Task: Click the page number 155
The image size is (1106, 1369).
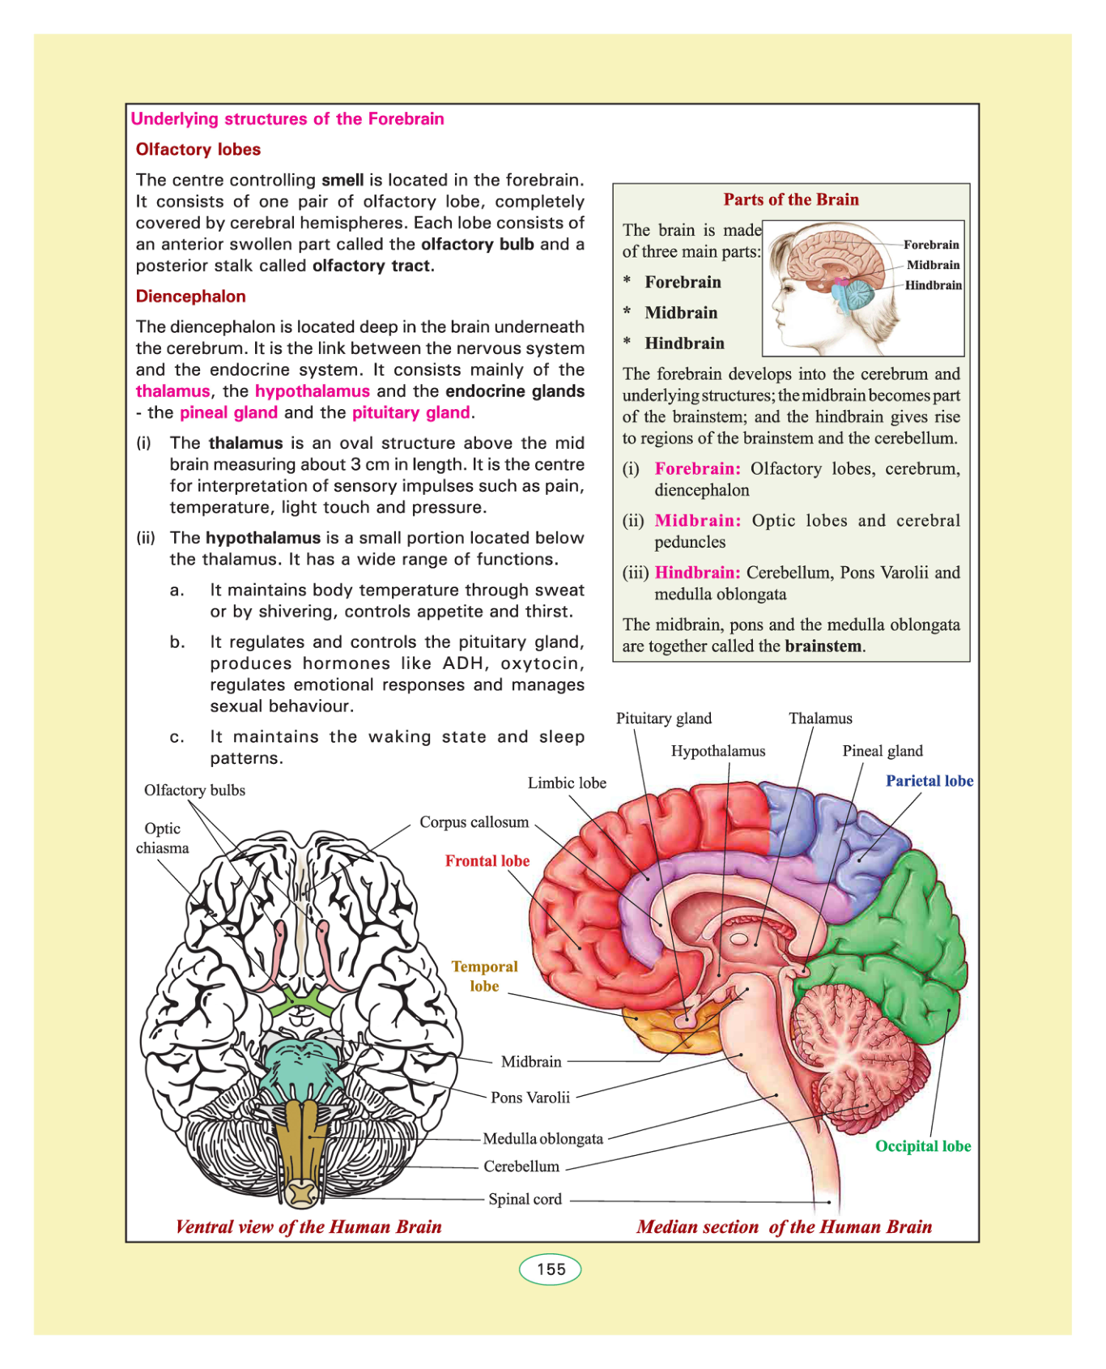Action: [x=551, y=1269]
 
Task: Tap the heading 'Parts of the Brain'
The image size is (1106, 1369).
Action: [x=790, y=199]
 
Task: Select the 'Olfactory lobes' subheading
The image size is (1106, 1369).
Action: [x=198, y=149]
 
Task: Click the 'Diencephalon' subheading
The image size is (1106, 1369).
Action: [x=190, y=296]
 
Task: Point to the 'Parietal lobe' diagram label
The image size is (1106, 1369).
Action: [x=929, y=781]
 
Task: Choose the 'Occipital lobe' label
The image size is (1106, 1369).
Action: [x=922, y=1146]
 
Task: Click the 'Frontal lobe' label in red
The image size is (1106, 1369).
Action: [x=487, y=861]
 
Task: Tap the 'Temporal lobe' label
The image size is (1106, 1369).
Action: [x=484, y=976]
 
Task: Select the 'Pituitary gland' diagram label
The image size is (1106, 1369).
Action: [x=663, y=719]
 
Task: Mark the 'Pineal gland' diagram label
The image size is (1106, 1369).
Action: [x=882, y=751]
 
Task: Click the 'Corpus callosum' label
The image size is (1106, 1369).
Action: [x=474, y=822]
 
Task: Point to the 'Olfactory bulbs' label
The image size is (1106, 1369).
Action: [x=194, y=791]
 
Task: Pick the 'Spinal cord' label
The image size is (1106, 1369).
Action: [x=525, y=1199]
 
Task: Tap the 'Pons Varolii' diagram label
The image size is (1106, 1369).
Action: [x=530, y=1098]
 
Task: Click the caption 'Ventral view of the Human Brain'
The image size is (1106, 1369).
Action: [x=308, y=1226]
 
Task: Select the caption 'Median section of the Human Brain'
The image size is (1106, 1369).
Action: [x=784, y=1226]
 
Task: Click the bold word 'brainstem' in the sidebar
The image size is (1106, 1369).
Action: [x=823, y=646]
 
